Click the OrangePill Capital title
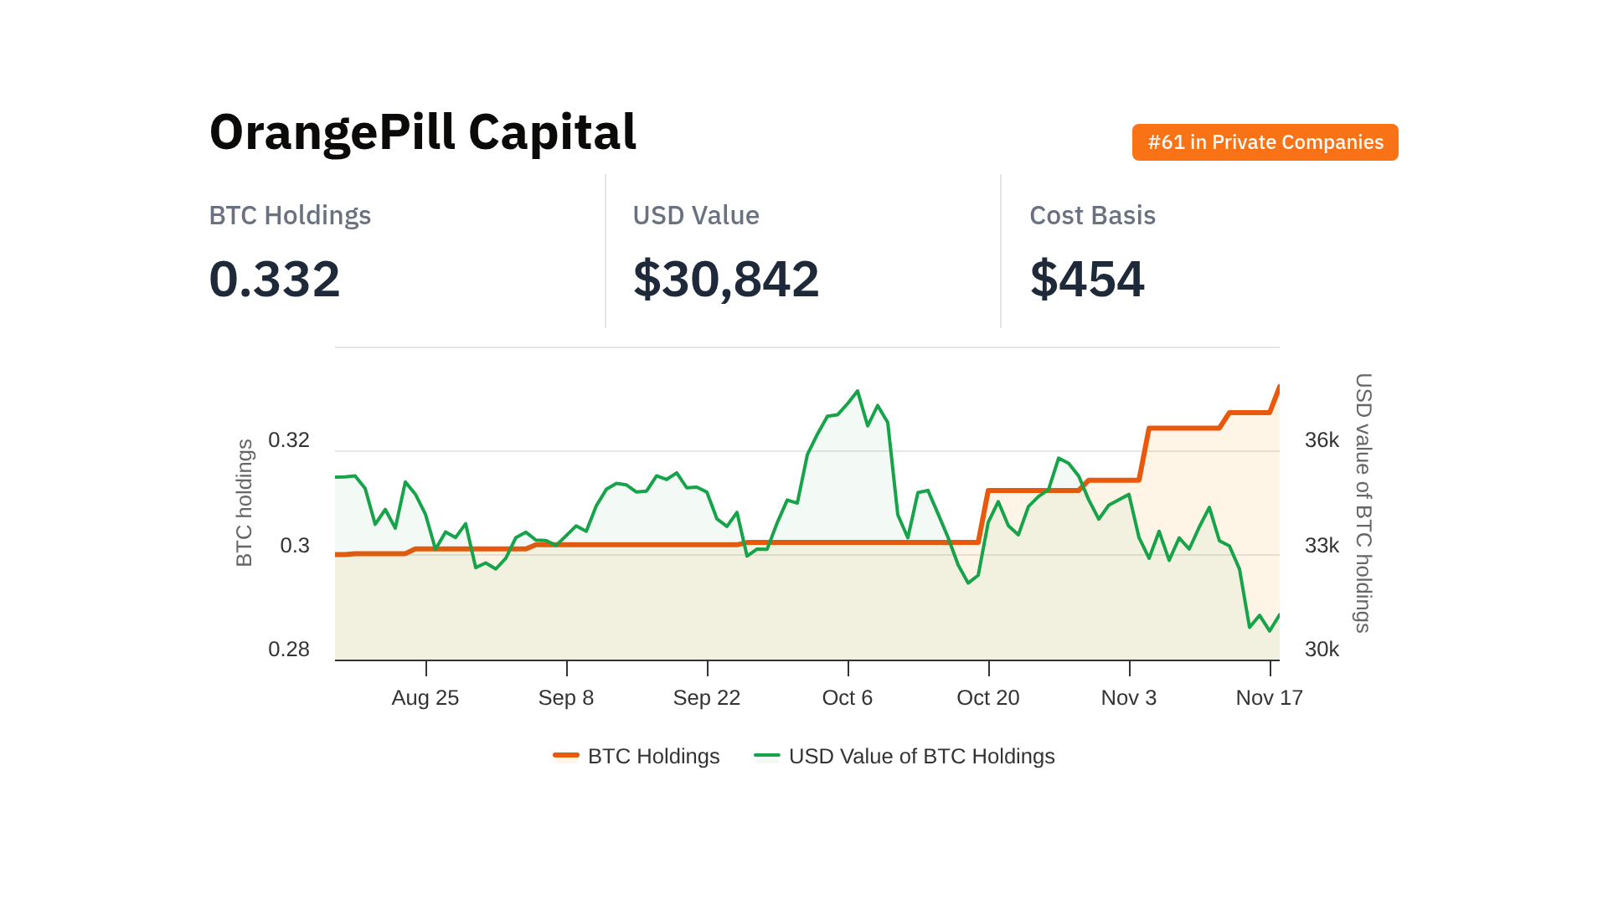tap(423, 132)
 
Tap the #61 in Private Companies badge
tap(1265, 142)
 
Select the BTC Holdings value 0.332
tap(275, 279)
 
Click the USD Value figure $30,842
tap(725, 279)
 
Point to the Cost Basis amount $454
tap(1086, 279)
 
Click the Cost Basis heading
tap(1092, 215)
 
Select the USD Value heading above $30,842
tap(695, 215)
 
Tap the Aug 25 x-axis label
tap(425, 697)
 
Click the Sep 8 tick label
tap(566, 697)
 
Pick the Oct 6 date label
tap(848, 697)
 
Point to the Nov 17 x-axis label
tap(1269, 697)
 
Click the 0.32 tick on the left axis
tap(289, 440)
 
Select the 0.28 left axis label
tap(289, 650)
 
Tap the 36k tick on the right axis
tap(1322, 440)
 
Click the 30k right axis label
tap(1322, 650)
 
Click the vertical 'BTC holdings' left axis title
tap(244, 502)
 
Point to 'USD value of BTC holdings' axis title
tap(1363, 502)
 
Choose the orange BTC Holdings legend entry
tap(637, 756)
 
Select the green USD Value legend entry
tap(904, 756)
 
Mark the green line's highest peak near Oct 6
tap(858, 391)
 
